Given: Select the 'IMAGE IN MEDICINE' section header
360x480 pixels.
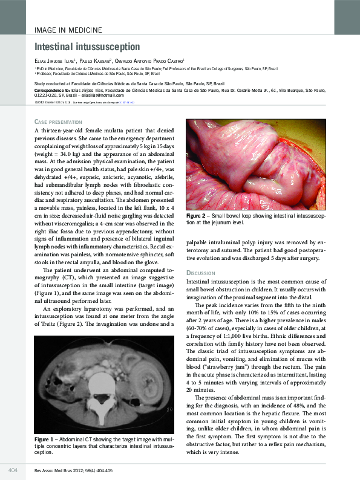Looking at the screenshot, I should [x=67, y=29].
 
